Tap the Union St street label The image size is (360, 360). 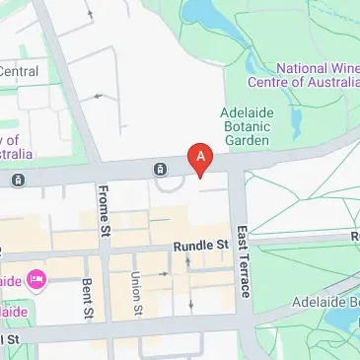pyautogui.click(x=137, y=293)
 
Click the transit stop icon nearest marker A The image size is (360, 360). pyautogui.click(x=159, y=169)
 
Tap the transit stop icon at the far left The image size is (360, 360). pyautogui.click(x=18, y=180)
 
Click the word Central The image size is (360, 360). pyautogui.click(x=19, y=71)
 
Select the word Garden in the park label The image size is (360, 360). pyautogui.click(x=246, y=141)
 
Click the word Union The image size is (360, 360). pyautogui.click(x=137, y=285)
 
